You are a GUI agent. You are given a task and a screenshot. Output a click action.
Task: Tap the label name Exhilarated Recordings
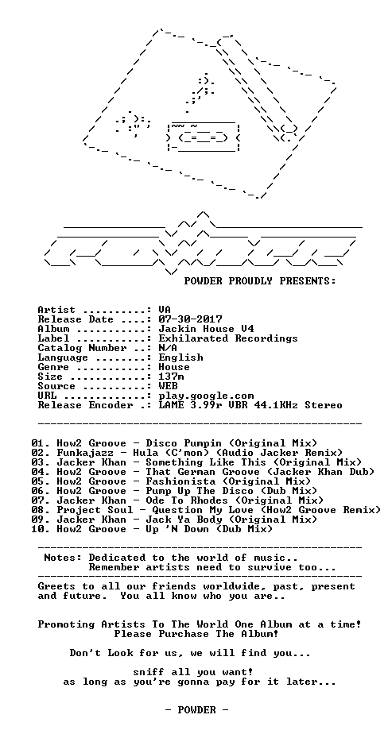229,338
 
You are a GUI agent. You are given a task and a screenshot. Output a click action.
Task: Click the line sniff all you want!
194,672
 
